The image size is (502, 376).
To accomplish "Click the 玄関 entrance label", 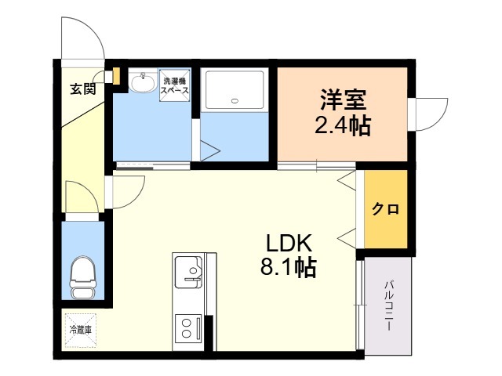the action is [83, 89].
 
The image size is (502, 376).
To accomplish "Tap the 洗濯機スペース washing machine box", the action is [175, 85].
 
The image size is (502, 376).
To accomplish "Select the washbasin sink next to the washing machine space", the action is [143, 81].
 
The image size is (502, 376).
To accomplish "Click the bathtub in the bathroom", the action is [235, 90].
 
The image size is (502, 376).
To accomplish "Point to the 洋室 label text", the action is [343, 99].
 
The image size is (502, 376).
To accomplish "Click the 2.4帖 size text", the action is [343, 125].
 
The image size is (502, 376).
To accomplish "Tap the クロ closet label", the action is [385, 209].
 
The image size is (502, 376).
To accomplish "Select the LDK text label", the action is [289, 244].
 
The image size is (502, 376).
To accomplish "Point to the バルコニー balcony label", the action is [389, 305].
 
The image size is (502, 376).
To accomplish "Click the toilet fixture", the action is [83, 277].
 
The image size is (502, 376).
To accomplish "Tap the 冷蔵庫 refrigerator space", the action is [81, 330].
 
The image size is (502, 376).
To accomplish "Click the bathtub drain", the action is [235, 101].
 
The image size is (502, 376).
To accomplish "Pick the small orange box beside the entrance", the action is [116, 77].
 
